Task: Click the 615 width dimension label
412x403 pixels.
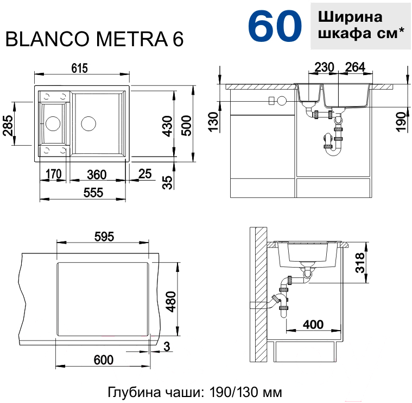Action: (x=79, y=69)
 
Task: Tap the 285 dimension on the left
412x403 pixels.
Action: (x=8, y=125)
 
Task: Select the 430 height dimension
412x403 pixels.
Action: (x=167, y=126)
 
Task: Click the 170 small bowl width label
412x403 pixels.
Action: (x=54, y=174)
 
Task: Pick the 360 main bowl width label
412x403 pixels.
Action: (x=97, y=175)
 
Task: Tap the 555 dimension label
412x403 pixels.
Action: (x=93, y=193)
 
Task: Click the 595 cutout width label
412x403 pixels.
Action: (x=104, y=237)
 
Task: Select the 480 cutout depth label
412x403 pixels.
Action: (x=172, y=302)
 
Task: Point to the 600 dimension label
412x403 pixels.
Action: (x=104, y=360)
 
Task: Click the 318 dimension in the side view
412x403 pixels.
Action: (x=360, y=263)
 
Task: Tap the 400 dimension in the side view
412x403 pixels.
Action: (x=313, y=325)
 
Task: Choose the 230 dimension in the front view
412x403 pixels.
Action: (x=324, y=67)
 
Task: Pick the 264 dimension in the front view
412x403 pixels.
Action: (x=355, y=67)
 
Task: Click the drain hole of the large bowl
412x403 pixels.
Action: (x=88, y=123)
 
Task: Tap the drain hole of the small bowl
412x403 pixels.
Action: (x=53, y=123)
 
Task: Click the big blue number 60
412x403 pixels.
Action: (x=275, y=27)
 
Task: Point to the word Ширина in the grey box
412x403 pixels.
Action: (x=350, y=17)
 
